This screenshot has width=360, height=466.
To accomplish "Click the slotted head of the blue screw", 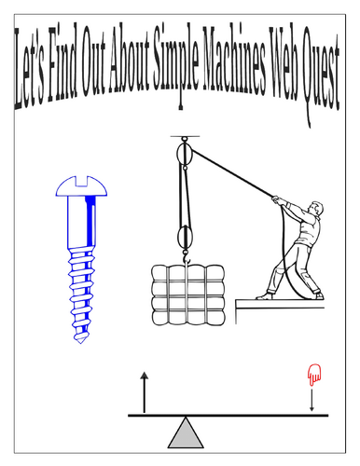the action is click(x=81, y=186).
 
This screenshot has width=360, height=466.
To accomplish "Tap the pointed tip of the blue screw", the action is click(x=80, y=341).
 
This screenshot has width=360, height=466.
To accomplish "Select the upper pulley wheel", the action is click(x=185, y=154).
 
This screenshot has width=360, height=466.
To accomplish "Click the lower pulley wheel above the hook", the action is click(x=185, y=237).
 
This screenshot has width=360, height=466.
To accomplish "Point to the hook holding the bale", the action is click(x=187, y=257).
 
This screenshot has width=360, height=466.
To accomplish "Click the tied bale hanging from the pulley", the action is click(x=188, y=295).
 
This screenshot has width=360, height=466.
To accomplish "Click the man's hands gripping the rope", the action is click(x=278, y=199).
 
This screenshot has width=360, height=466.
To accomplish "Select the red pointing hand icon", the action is click(x=314, y=375).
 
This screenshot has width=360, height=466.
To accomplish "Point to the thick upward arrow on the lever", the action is click(x=144, y=392).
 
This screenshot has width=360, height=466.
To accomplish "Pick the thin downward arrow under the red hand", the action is click(x=312, y=401).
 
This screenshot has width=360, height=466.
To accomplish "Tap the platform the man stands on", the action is click(x=280, y=303).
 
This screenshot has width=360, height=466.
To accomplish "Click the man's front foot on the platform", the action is click(x=264, y=296).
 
